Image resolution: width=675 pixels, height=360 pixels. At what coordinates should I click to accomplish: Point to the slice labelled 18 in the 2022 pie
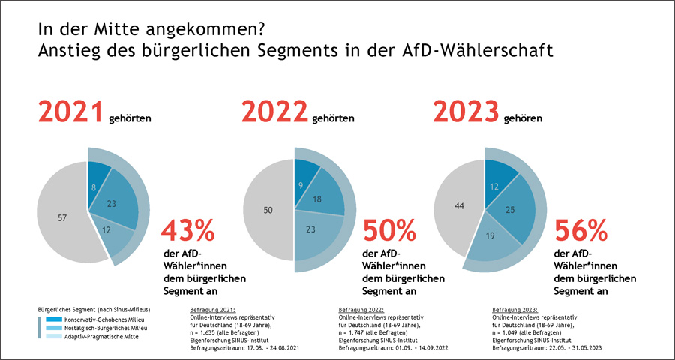(x=319, y=199)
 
